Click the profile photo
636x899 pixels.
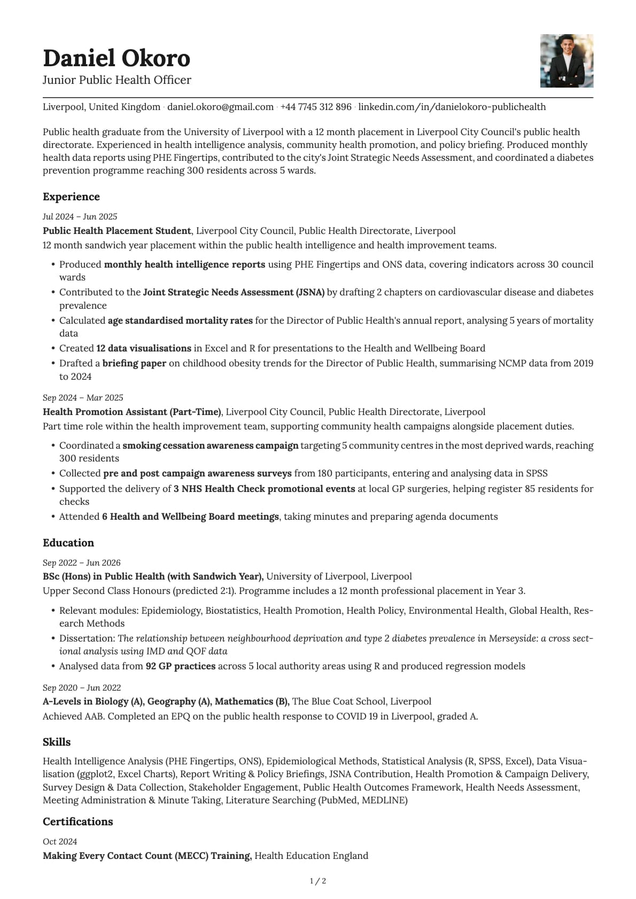click(x=567, y=61)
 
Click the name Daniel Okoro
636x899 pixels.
click(x=117, y=58)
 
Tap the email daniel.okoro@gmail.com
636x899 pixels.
click(x=220, y=107)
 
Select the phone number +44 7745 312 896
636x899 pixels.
click(x=316, y=107)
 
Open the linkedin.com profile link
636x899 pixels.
click(x=452, y=107)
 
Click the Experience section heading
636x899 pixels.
click(x=71, y=197)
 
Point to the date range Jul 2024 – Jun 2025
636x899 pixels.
click(x=80, y=216)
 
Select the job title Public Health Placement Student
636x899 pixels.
click(x=117, y=231)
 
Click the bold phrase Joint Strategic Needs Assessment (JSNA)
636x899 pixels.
click(x=234, y=292)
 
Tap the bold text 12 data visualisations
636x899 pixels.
click(x=143, y=348)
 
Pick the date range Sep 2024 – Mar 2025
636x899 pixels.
click(x=83, y=397)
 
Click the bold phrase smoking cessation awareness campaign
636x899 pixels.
click(x=210, y=445)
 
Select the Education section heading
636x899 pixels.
click(x=68, y=543)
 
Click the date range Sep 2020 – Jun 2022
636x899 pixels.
click(x=82, y=687)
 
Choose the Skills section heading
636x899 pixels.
click(x=57, y=742)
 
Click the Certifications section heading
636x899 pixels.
click(x=77, y=822)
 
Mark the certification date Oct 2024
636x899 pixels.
click(x=60, y=841)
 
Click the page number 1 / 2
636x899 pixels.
click(x=318, y=881)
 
